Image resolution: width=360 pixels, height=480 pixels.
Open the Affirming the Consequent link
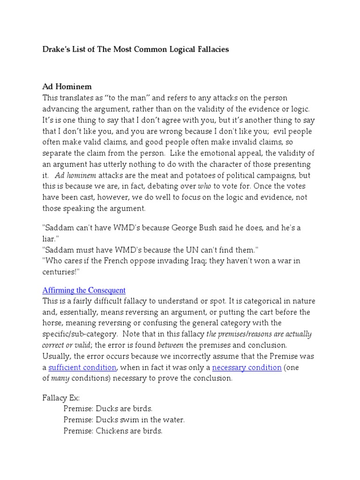point(84,290)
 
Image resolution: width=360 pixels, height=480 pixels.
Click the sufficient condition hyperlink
point(82,367)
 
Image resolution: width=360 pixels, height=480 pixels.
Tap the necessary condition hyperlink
point(247,367)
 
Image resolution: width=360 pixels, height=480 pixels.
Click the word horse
point(52,323)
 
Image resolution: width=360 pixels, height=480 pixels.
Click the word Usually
point(56,356)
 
